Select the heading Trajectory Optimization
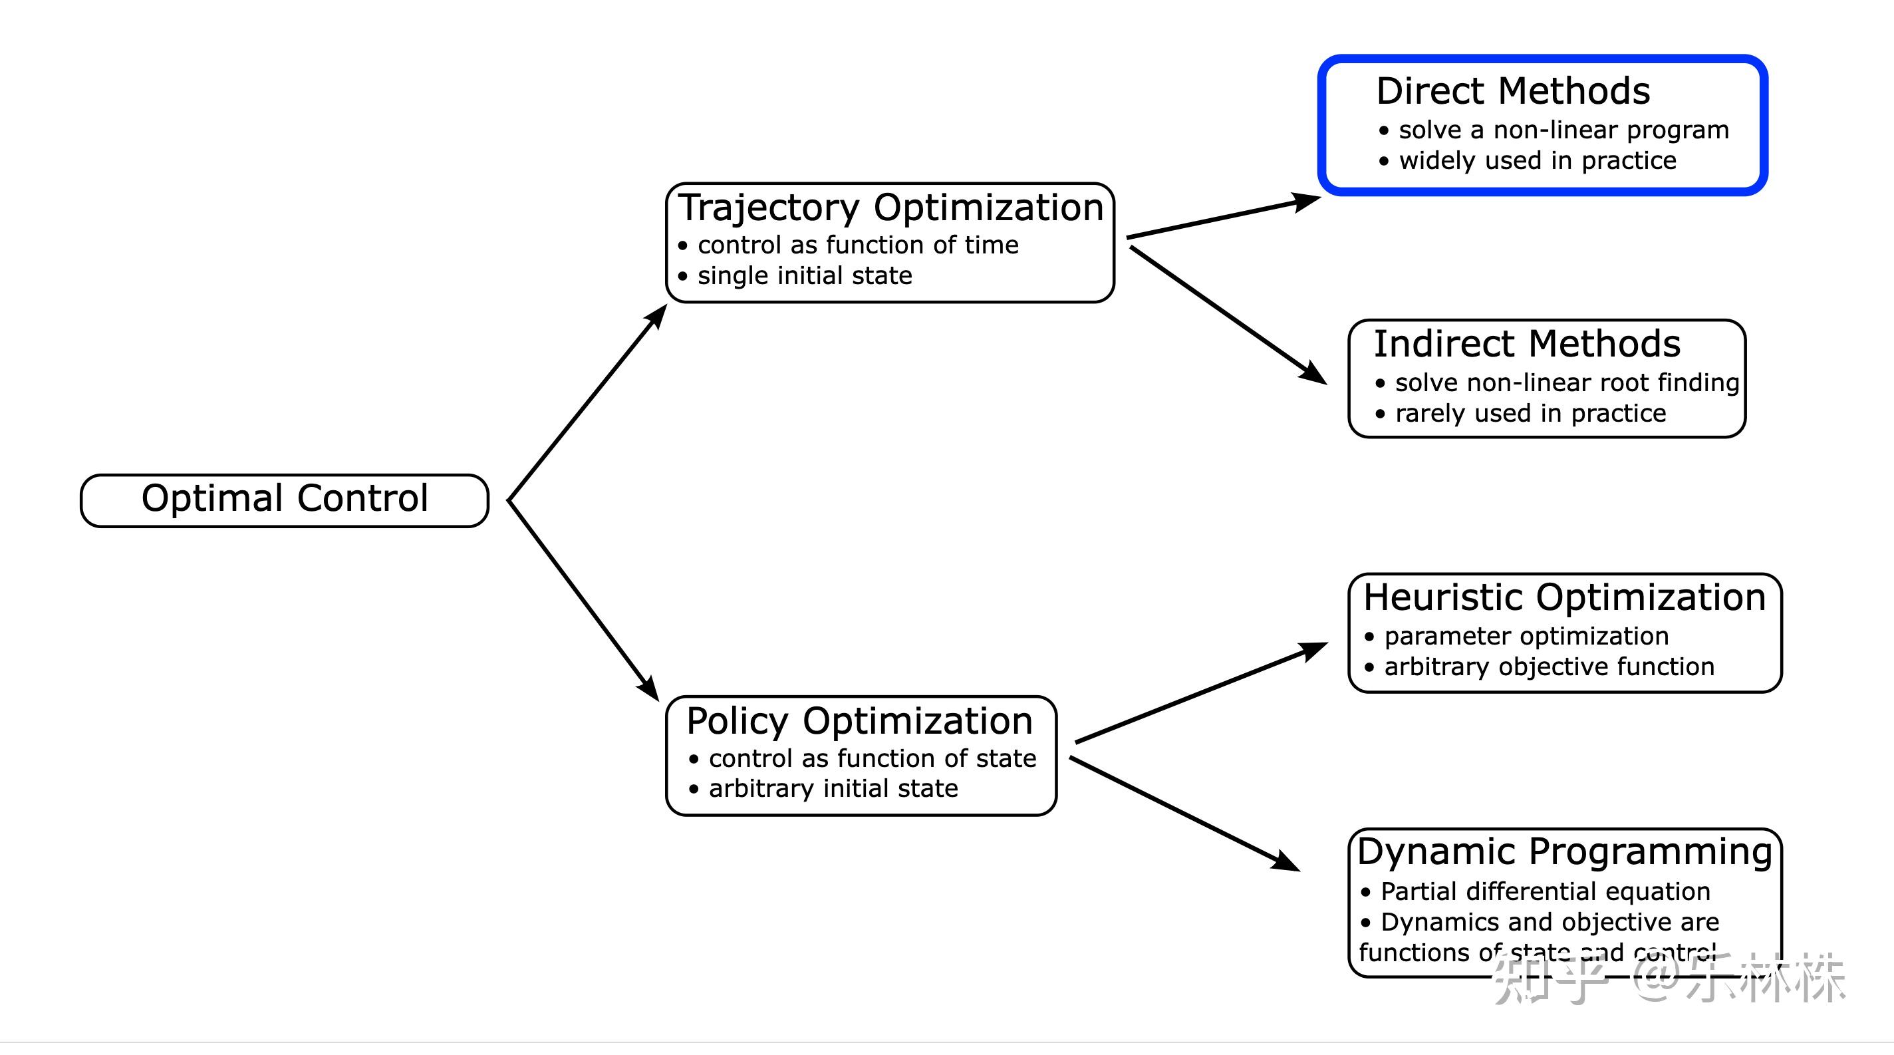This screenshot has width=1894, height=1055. (890, 208)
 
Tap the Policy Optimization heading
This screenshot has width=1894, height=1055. (859, 720)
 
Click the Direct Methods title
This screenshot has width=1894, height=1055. (1513, 91)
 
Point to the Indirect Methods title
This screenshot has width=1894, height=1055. (1527, 343)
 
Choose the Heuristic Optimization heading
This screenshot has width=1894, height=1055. (1565, 597)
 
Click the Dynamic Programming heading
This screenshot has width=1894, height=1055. (1565, 851)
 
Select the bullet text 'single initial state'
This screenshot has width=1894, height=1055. (805, 275)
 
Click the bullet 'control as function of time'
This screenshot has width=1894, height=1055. (857, 245)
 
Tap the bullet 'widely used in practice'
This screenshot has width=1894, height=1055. (1537, 160)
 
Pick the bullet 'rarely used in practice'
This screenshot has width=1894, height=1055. (1530, 413)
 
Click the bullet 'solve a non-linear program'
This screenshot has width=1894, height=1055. (1563, 130)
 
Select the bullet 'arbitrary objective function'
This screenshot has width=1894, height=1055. (1548, 667)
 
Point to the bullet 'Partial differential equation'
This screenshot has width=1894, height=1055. (1545, 891)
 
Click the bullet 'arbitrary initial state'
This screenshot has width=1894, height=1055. (833, 788)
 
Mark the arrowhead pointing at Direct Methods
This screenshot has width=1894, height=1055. (1307, 201)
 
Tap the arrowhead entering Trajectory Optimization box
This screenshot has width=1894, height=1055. (656, 317)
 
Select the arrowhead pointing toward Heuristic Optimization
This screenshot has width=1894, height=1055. (1313, 650)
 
